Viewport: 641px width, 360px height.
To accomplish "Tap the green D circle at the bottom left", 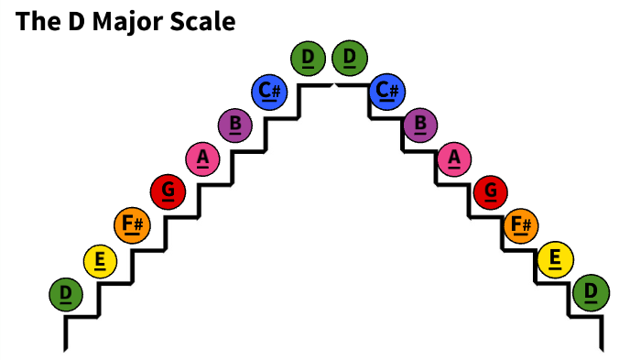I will coord(66,294).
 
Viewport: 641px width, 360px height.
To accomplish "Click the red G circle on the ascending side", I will coord(168,191).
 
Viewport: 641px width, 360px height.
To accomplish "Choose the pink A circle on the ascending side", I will coord(202,158).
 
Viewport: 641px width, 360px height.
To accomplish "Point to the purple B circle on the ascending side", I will coord(236,124).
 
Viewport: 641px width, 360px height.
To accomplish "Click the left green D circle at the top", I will coord(308,59).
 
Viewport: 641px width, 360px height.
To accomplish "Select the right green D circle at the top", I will coord(349,59).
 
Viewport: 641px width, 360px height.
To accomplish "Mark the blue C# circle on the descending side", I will coord(387,91).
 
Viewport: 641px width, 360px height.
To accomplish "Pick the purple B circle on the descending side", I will coord(420,124).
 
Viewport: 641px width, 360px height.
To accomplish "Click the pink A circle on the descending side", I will coord(454,158).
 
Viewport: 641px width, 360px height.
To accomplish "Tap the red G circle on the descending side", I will coord(490,191).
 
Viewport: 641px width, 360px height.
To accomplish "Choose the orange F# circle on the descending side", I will coord(521,224).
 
